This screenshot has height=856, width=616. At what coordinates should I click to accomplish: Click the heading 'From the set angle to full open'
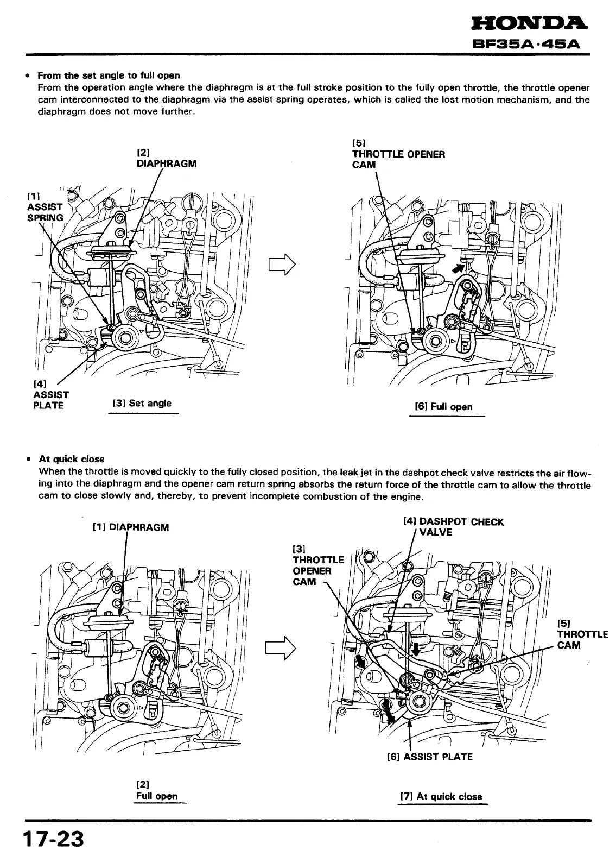(109, 75)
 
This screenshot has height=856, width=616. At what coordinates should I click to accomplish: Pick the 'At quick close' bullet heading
(72, 459)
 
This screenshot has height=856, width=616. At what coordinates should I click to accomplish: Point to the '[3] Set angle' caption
(142, 404)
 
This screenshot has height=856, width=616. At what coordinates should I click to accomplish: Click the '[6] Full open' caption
(443, 407)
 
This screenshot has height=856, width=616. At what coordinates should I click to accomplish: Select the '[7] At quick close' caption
(441, 797)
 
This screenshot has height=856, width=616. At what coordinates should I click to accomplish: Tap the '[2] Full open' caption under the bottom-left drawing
(157, 791)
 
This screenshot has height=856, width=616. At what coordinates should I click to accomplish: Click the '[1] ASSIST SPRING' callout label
(45, 206)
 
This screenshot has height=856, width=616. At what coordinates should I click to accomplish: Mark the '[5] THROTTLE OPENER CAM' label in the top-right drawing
(398, 154)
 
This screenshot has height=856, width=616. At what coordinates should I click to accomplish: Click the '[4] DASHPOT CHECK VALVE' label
(454, 527)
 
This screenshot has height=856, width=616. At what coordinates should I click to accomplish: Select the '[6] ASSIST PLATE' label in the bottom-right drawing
(429, 757)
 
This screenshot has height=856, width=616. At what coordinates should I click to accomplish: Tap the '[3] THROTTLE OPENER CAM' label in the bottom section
(317, 565)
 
